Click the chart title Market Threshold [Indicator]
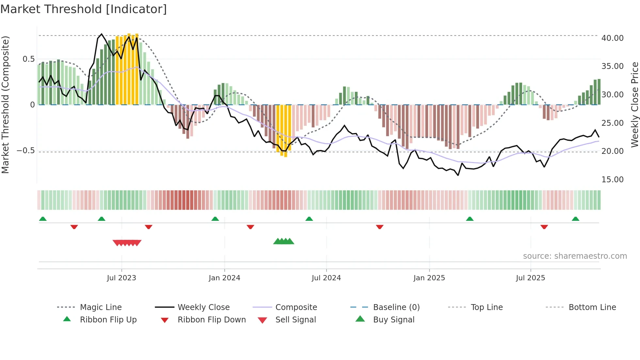pos(84,9)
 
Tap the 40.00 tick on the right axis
pos(612,38)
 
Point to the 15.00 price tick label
pos(612,180)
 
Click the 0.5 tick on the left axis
pos(28,59)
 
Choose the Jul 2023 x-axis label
pos(121,278)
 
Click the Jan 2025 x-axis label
pos(429,278)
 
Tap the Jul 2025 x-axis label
pos(530,278)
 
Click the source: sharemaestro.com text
pos(575,256)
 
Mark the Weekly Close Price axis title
pos(634,105)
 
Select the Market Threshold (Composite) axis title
pos(5,105)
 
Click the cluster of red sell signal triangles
pos(127,243)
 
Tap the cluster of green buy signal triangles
pos(284,241)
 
